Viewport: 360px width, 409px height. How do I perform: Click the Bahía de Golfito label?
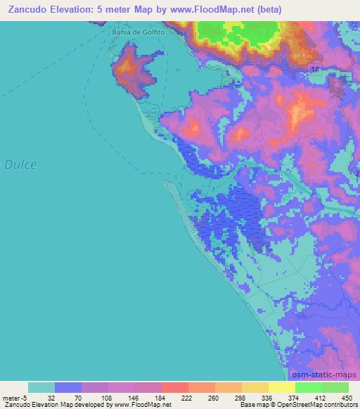point(137,32)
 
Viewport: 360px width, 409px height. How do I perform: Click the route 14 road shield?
point(314,68)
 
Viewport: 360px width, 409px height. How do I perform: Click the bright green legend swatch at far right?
point(335,387)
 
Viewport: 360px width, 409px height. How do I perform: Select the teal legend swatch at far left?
point(41,387)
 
